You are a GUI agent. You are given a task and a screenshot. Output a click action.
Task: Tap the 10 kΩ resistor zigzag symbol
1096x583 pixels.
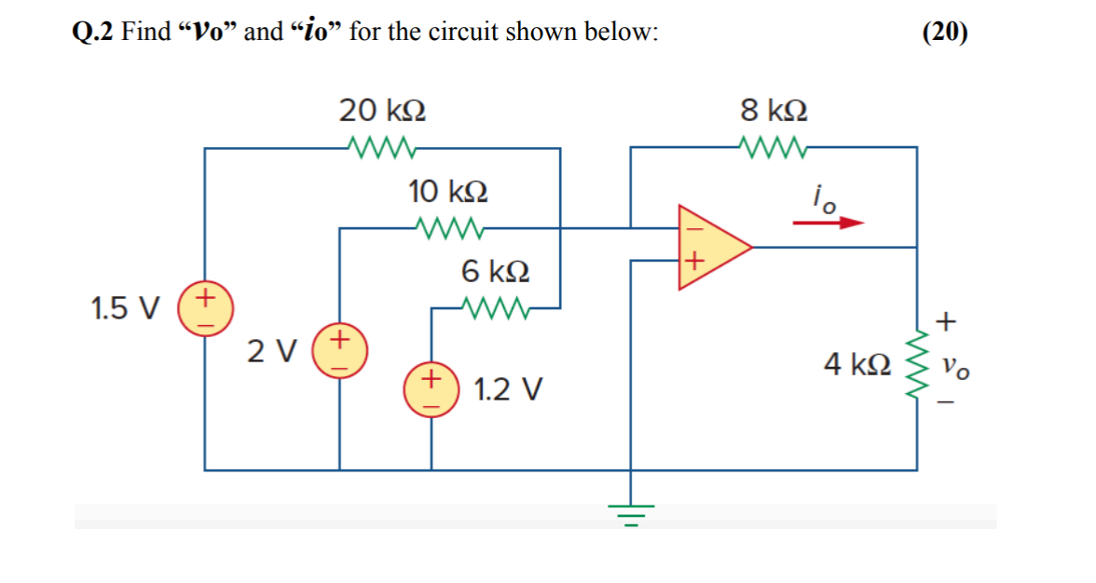(448, 226)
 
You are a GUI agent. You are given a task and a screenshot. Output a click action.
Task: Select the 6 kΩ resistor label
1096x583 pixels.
(496, 272)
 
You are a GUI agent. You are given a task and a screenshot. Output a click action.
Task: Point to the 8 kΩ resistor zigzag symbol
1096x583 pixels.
(774, 146)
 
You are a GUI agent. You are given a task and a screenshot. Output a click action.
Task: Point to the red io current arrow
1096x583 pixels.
(829, 224)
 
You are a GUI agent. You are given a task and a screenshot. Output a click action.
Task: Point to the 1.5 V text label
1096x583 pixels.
(126, 307)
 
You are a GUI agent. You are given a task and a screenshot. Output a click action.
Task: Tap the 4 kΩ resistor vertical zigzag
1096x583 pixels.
(917, 363)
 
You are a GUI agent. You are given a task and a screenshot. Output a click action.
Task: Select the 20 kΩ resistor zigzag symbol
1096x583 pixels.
(383, 146)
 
